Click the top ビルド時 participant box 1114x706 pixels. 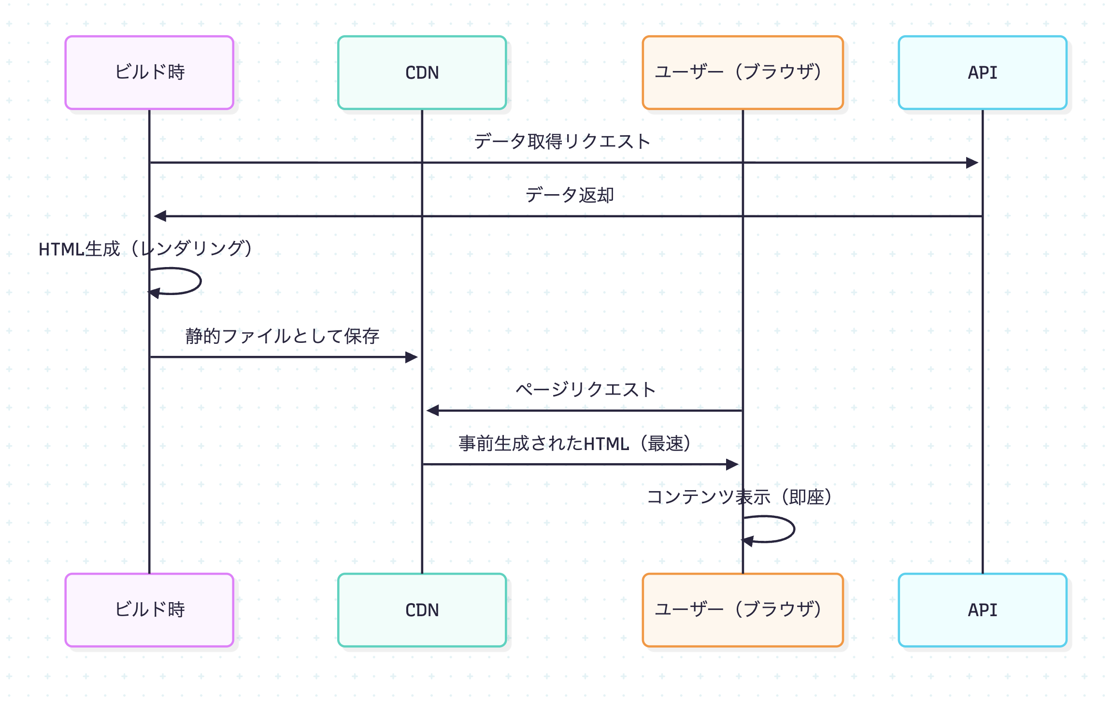[x=149, y=72]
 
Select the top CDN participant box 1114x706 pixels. [x=422, y=72]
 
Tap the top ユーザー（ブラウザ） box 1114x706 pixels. [x=742, y=72]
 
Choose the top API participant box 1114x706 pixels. [x=982, y=72]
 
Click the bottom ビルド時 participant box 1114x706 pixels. [x=149, y=610]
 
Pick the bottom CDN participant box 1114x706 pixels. [x=422, y=610]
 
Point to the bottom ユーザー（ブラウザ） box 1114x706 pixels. [x=742, y=610]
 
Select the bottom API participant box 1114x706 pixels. [x=982, y=610]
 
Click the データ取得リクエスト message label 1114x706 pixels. [x=562, y=141]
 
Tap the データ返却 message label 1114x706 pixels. [x=569, y=195]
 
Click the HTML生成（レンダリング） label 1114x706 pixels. [x=145, y=249]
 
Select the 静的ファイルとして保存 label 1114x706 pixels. [x=282, y=336]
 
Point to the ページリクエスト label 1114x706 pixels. [x=585, y=389]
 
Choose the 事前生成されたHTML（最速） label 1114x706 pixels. [x=574, y=443]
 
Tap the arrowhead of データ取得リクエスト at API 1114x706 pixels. [x=972, y=163]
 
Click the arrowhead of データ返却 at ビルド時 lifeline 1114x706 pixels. [x=160, y=216]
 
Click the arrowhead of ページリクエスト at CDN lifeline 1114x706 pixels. [x=433, y=410]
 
